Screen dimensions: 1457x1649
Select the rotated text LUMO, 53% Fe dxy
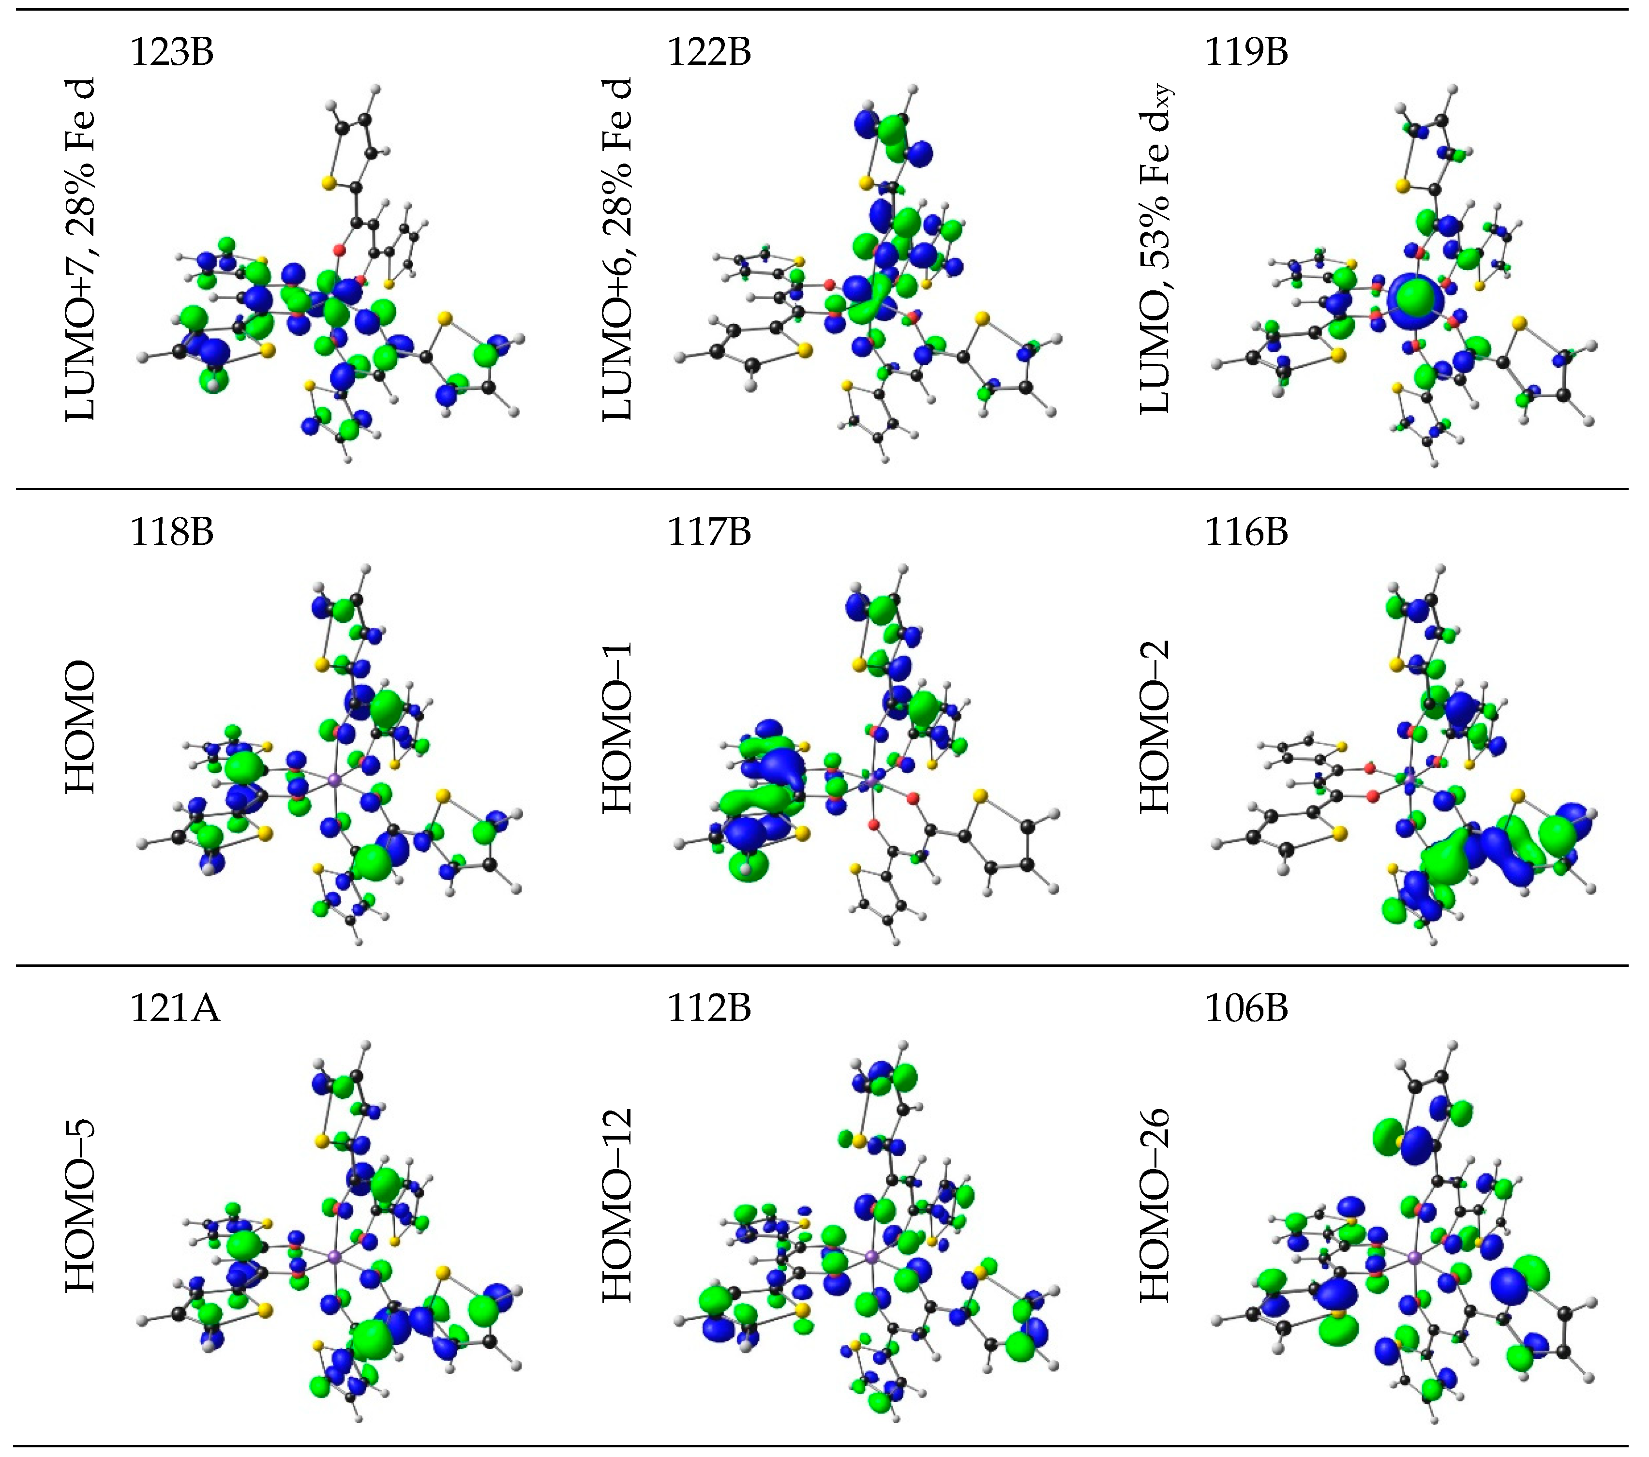[1155, 250]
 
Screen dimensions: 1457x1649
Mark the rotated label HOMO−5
[81, 1205]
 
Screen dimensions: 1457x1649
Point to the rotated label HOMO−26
[1155, 1205]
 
